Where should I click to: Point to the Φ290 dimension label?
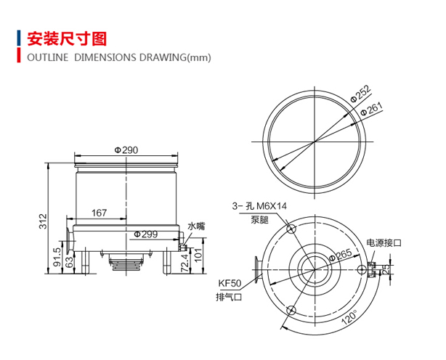point(126,150)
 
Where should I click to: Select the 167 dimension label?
point(100,213)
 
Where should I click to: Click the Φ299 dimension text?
point(146,234)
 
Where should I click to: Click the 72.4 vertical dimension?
point(185,261)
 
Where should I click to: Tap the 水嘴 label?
point(197,226)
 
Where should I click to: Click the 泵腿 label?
point(259,219)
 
